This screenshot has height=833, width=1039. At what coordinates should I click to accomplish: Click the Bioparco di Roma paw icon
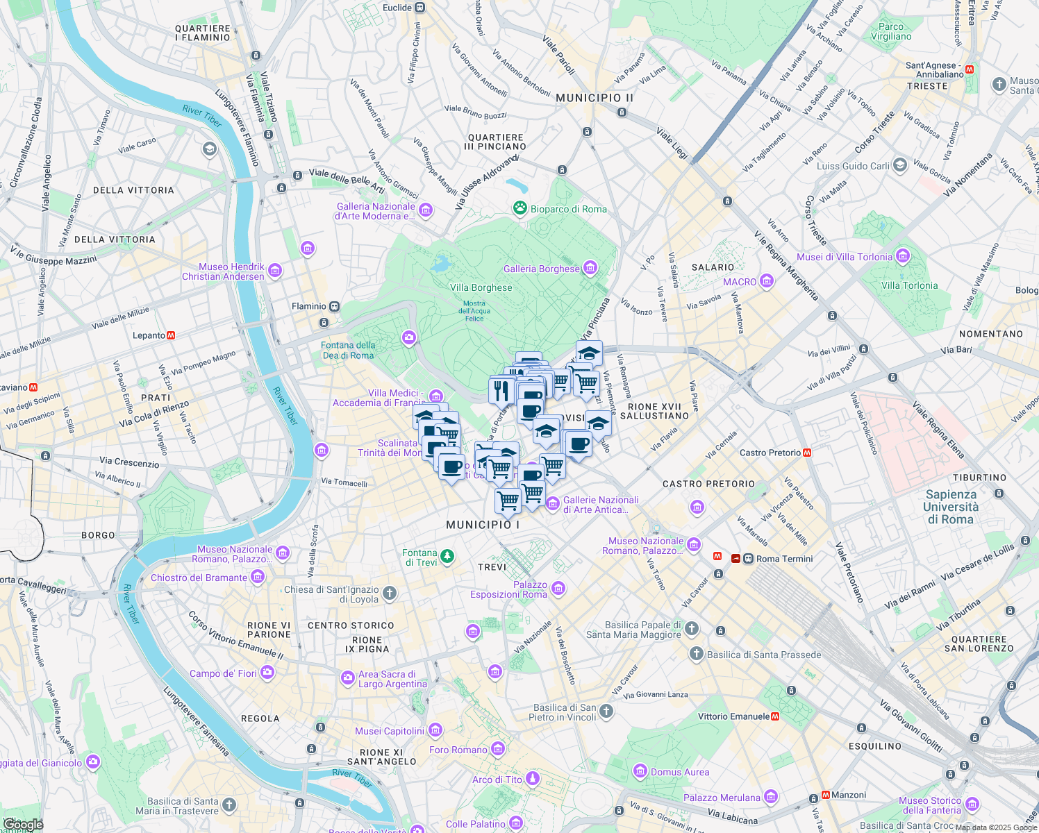click(x=519, y=208)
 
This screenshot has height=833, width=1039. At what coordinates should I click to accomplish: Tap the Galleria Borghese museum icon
click(x=590, y=268)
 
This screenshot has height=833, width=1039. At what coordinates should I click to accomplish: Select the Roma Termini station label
click(x=784, y=559)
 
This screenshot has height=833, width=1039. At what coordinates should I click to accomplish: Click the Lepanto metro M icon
click(x=171, y=335)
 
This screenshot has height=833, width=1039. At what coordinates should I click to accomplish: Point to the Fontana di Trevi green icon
click(x=448, y=556)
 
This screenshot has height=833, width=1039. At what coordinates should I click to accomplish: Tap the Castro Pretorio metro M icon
click(x=807, y=453)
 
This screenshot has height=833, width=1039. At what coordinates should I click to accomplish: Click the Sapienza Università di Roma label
click(x=951, y=507)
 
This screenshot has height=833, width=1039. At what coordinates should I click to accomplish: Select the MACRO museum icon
click(x=767, y=281)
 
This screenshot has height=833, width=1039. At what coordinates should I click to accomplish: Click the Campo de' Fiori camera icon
click(x=267, y=673)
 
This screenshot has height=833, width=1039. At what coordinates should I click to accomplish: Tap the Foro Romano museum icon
click(x=498, y=749)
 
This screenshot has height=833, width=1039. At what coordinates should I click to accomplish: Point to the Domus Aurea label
click(x=680, y=772)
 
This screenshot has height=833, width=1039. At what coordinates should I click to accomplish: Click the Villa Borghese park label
click(x=481, y=287)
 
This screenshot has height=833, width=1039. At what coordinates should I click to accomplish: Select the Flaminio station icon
click(x=335, y=306)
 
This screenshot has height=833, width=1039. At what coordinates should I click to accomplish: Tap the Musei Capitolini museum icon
click(x=435, y=730)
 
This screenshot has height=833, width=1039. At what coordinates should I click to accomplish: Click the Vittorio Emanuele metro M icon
click(x=775, y=716)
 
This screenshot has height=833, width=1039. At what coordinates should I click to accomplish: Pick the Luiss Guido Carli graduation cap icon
click(x=900, y=165)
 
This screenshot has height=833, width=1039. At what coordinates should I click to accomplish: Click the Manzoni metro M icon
click(x=826, y=795)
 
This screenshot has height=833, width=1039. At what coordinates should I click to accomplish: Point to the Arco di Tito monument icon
click(x=533, y=779)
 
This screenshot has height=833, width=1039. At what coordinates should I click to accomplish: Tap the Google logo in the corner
click(x=22, y=825)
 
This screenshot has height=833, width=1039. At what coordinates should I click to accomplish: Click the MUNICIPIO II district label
click(x=595, y=98)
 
